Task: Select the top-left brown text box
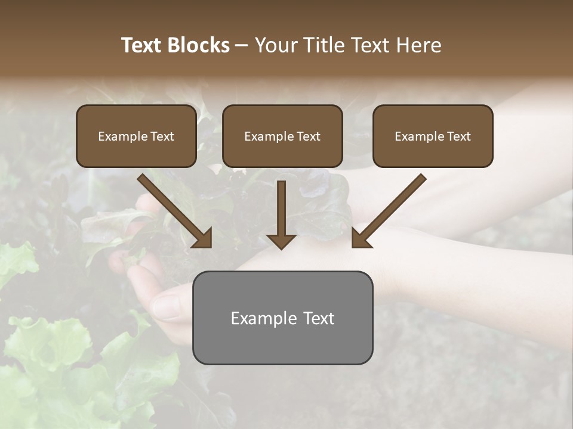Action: pos(136,136)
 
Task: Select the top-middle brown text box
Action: pos(282,136)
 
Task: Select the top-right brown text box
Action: pos(433,136)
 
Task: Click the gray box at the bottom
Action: pos(282,318)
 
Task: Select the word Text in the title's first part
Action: pos(141,45)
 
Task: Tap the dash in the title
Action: pos(242,45)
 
